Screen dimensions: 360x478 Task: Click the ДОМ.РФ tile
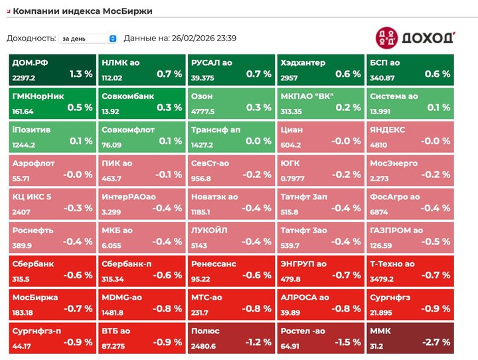pyautogui.click(x=52, y=69)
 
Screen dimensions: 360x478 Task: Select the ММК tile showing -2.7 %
pyautogui.click(x=409, y=336)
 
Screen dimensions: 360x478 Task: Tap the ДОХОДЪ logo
pyautogui.click(x=415, y=37)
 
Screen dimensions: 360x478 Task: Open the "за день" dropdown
pyautogui.click(x=88, y=39)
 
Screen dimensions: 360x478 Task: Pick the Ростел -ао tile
pyautogui.click(x=319, y=336)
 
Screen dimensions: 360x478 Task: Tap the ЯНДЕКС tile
pyautogui.click(x=409, y=135)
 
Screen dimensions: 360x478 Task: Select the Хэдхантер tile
pyautogui.click(x=319, y=69)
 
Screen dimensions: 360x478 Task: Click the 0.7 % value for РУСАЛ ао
pyautogui.click(x=258, y=74)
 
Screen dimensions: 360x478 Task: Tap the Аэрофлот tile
pyautogui.click(x=52, y=169)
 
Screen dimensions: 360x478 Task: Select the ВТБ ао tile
pyautogui.click(x=141, y=336)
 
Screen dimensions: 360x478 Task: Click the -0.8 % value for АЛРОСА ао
pyautogui.click(x=347, y=308)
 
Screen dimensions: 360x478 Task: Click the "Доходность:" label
pyautogui.click(x=30, y=39)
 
